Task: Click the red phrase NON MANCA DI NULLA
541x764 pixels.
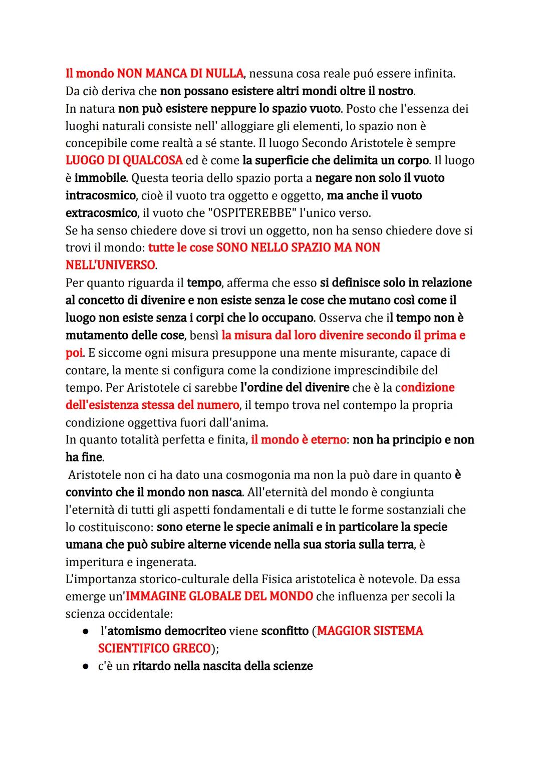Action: [180, 74]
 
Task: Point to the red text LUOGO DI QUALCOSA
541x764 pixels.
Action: [124, 161]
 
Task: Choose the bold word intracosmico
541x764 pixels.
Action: [101, 195]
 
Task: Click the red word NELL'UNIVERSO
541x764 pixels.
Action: [110, 265]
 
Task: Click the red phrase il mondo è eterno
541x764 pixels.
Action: [299, 440]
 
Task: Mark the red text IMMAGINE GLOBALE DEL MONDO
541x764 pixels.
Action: [219, 597]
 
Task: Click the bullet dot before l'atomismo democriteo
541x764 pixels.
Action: [86, 632]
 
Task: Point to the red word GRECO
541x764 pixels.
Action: [191, 649]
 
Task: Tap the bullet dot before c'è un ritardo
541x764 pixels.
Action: [86, 667]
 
